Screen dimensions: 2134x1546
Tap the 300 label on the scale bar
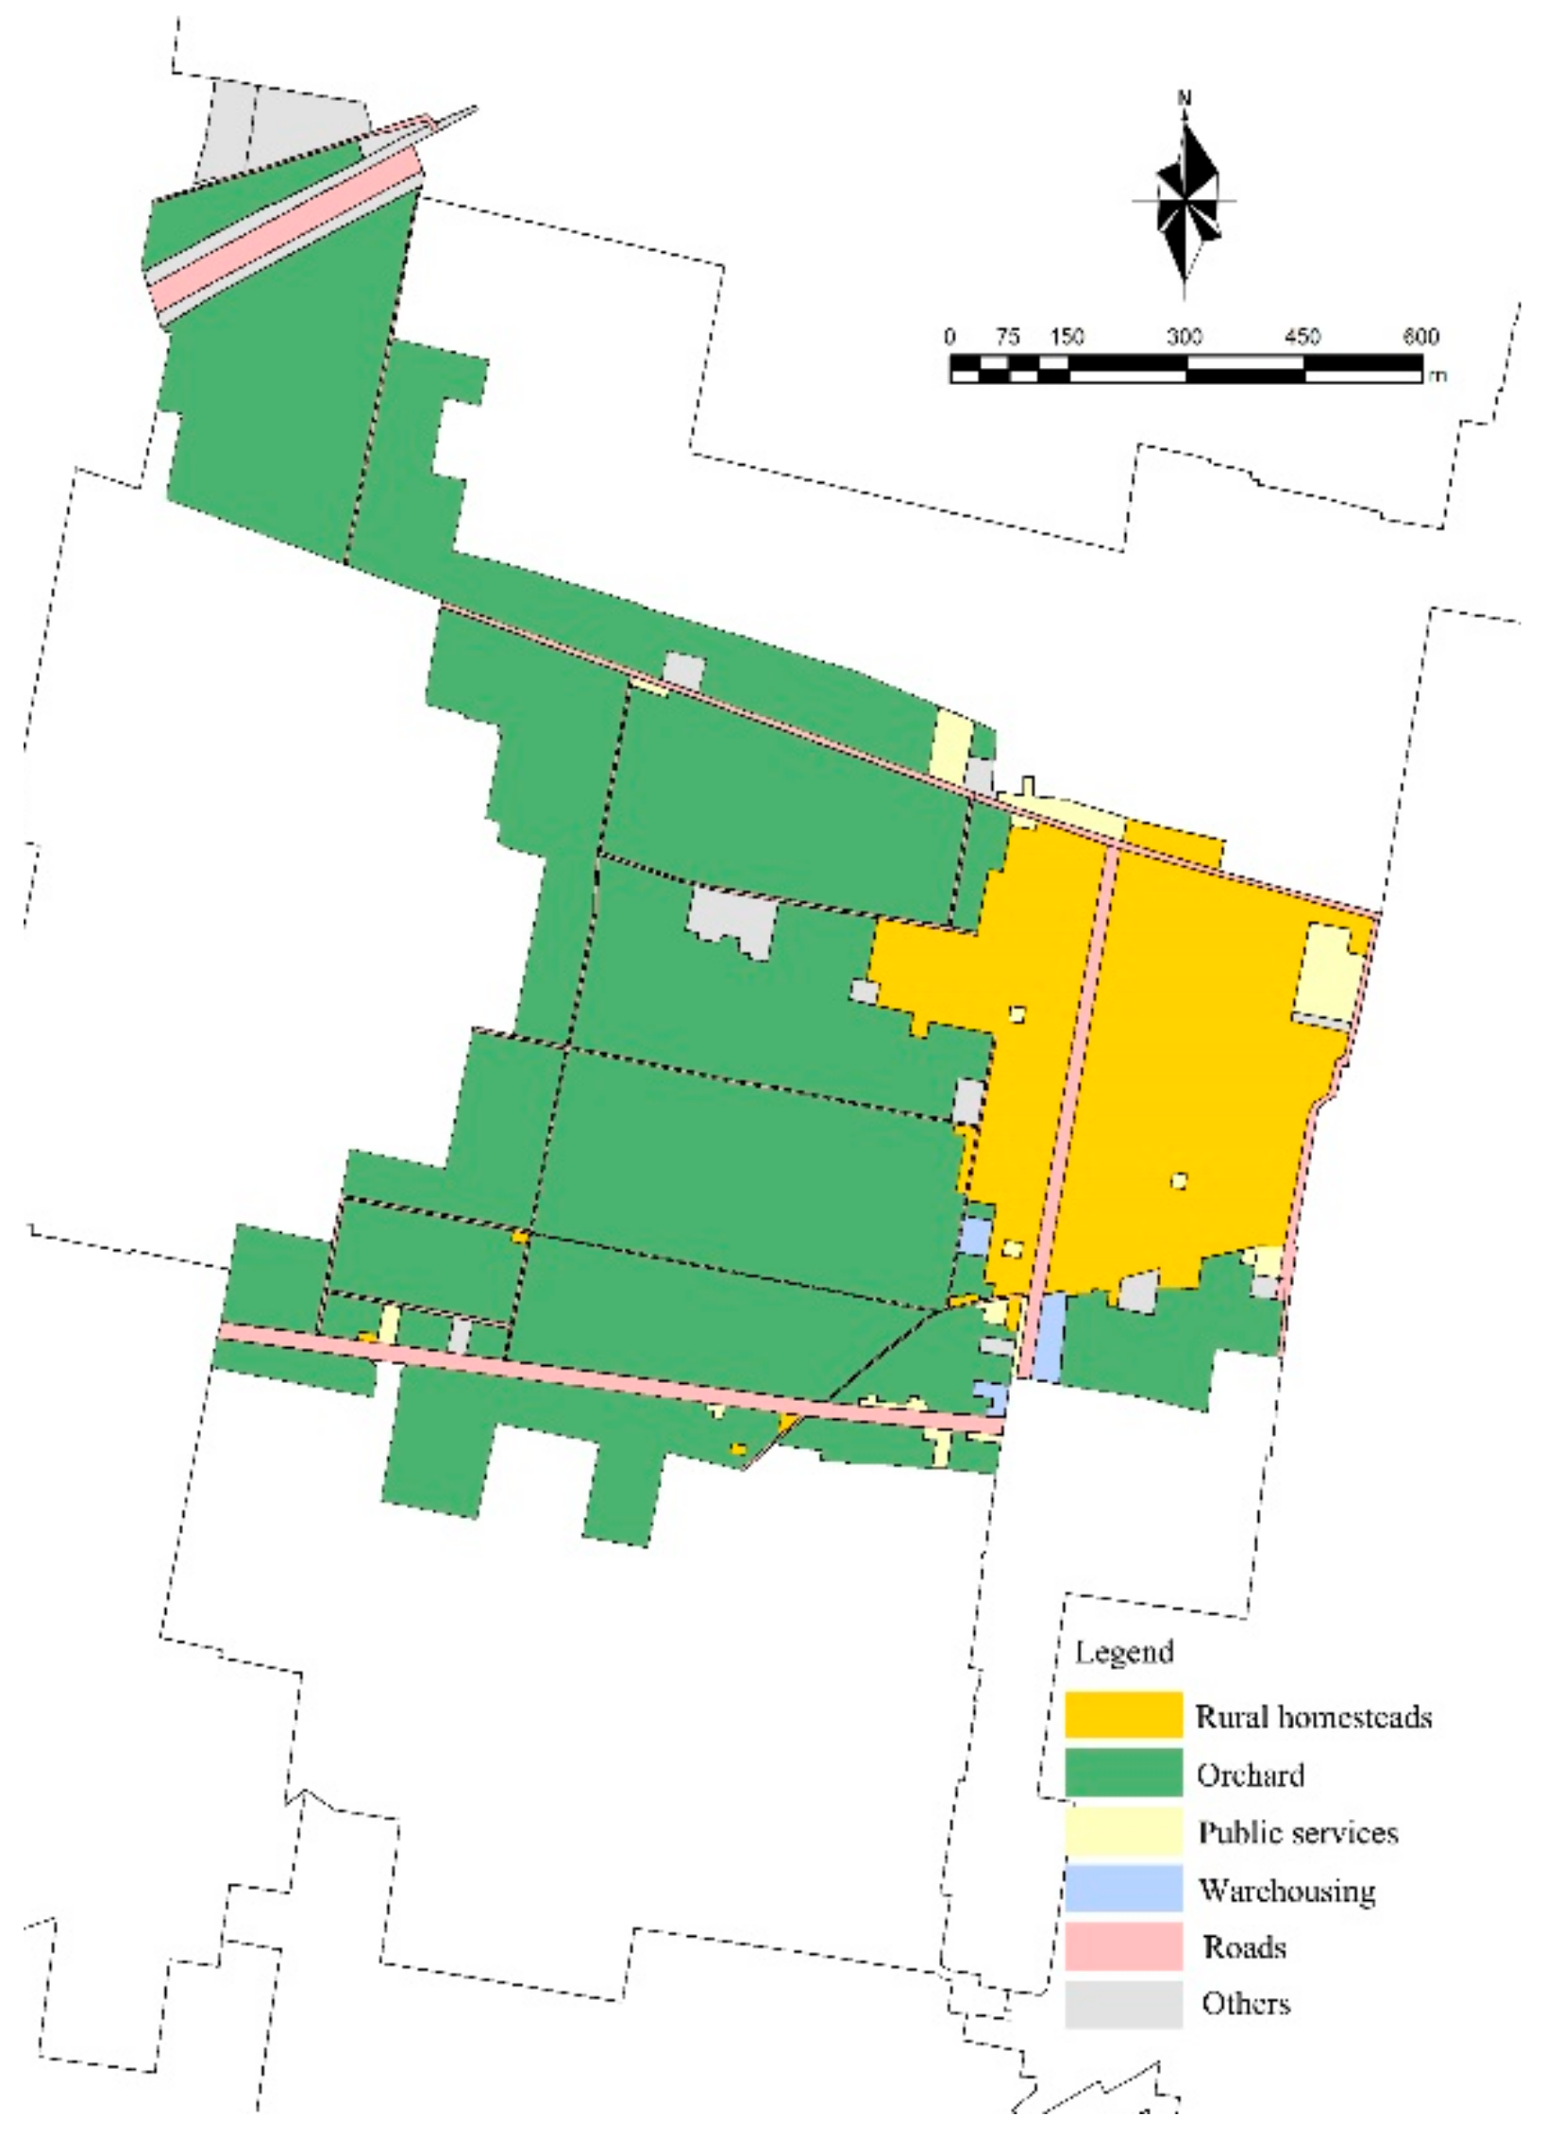click(x=1184, y=338)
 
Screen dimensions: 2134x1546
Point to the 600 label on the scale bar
click(x=1420, y=338)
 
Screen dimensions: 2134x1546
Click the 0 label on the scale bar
click(x=949, y=338)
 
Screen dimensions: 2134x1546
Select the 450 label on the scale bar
click(x=1302, y=338)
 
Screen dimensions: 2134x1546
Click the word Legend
click(x=1123, y=1652)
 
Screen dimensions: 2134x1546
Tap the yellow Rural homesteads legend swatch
click(x=1123, y=1715)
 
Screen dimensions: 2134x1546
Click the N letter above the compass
click(x=1185, y=98)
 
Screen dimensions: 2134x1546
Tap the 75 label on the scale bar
click(x=1008, y=338)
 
